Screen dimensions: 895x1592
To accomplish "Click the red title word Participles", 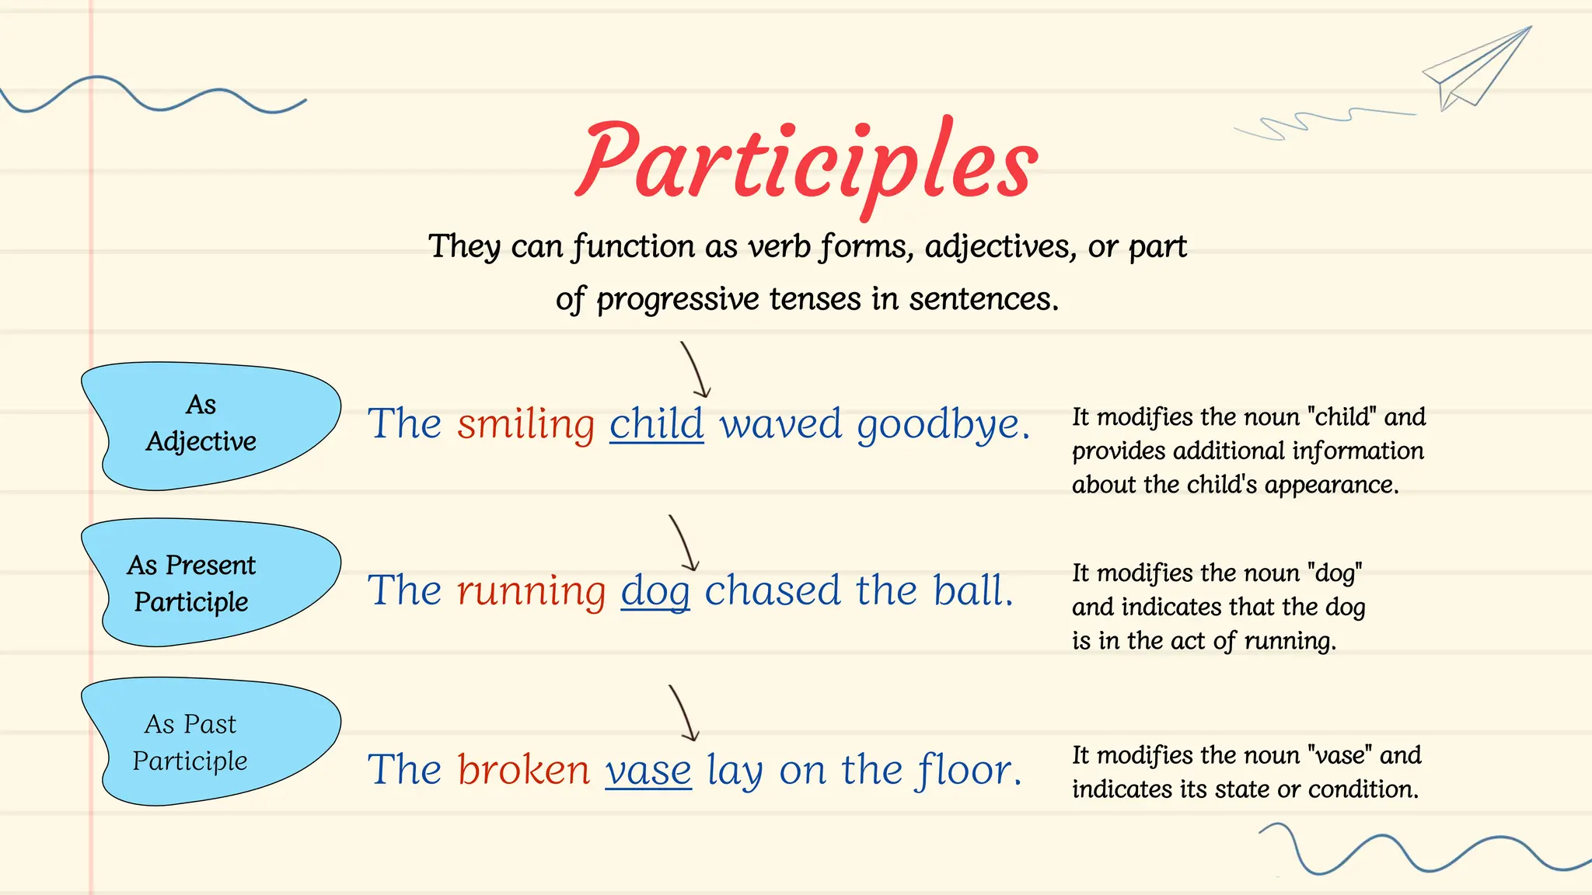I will click(x=807, y=163).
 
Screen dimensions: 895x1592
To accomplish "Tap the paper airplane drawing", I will click(x=1477, y=68).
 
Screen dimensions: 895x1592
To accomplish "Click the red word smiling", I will click(x=525, y=425).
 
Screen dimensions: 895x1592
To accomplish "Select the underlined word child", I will click(x=656, y=424).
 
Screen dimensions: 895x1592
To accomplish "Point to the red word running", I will click(x=531, y=591).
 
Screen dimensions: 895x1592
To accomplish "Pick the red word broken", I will click(x=523, y=770).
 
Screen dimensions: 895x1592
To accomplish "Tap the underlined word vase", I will click(x=648, y=771).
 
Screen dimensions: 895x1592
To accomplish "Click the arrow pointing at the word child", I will click(x=695, y=371).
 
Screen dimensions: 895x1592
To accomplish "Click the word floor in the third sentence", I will click(x=969, y=770).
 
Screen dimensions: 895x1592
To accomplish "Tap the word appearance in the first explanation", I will click(x=1331, y=486).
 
